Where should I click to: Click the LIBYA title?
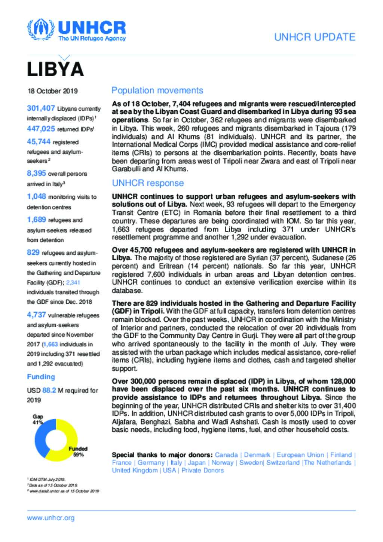tap(55, 69)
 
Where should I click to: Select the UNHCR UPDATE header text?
tap(315, 37)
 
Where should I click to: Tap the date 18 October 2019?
tap(52, 91)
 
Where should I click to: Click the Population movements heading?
tap(157, 91)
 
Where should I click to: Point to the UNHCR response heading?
tap(148, 183)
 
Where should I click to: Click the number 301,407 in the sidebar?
tap(41, 108)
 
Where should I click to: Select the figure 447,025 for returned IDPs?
tap(41, 129)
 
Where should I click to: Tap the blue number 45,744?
tap(39, 142)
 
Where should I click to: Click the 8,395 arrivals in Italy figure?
tap(36, 173)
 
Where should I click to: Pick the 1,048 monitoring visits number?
tap(36, 196)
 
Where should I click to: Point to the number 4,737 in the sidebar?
tap(36, 315)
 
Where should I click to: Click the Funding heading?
tap(41, 377)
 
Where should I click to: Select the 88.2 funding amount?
tap(49, 390)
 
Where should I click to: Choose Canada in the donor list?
tap(226, 455)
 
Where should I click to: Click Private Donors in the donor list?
tap(203, 470)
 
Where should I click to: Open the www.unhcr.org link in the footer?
tap(50, 518)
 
